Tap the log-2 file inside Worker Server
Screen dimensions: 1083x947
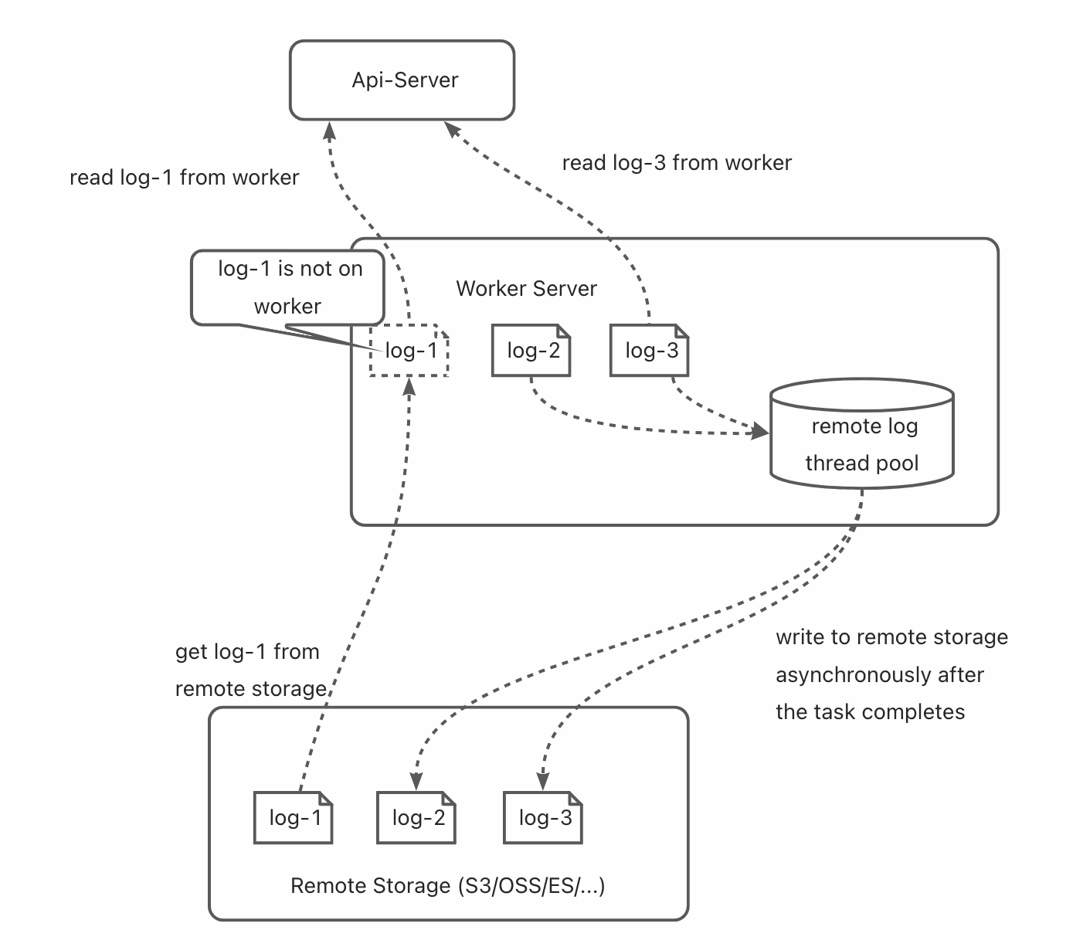point(531,351)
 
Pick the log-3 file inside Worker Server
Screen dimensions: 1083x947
point(650,351)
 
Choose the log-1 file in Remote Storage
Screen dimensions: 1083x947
point(294,817)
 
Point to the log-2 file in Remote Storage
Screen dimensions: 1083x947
point(416,817)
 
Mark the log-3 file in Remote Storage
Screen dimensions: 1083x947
point(542,817)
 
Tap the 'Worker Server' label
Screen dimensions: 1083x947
point(526,288)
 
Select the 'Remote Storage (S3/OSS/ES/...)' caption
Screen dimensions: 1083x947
point(448,886)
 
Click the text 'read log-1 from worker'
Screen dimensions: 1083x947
point(184,178)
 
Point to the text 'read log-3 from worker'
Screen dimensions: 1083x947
point(677,162)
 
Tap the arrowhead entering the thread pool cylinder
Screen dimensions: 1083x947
point(760,431)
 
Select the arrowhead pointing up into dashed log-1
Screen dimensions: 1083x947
point(409,387)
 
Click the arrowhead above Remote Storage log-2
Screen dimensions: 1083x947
point(416,781)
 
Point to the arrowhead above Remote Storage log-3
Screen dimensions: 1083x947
point(542,781)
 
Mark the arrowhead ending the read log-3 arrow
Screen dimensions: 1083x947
point(452,129)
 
